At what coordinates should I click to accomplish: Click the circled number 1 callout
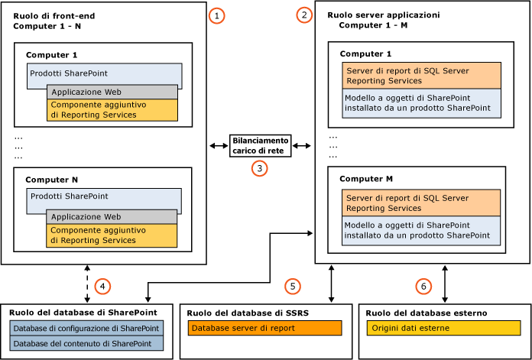click(x=219, y=16)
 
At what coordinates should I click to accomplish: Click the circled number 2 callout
click(x=306, y=15)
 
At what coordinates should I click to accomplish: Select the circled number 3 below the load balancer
click(x=260, y=168)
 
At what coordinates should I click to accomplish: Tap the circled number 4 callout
click(x=102, y=287)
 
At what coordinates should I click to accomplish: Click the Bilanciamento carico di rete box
click(x=260, y=145)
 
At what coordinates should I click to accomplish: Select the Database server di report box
click(x=264, y=328)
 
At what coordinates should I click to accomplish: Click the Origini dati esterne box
click(x=443, y=328)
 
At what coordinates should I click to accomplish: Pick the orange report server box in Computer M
click(x=421, y=203)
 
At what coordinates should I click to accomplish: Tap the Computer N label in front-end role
click(x=52, y=180)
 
